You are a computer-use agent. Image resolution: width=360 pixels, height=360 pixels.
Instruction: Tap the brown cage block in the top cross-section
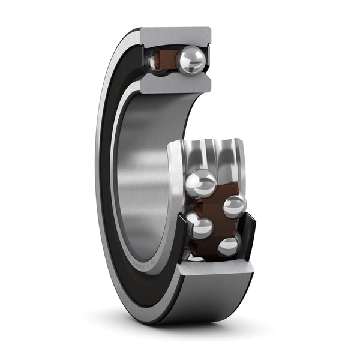point(166,60)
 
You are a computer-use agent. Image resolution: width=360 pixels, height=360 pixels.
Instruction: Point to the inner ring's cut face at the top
point(174,83)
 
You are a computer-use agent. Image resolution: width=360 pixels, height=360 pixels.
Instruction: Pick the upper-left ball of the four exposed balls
point(201,183)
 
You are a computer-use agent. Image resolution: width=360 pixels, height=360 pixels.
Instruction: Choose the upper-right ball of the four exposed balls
point(234,206)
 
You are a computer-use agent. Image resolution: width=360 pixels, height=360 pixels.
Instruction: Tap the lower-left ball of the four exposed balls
point(199,227)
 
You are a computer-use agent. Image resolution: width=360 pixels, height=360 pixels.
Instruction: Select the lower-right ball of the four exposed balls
point(229,245)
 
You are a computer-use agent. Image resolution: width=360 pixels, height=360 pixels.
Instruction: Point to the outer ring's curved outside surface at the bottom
point(198,300)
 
